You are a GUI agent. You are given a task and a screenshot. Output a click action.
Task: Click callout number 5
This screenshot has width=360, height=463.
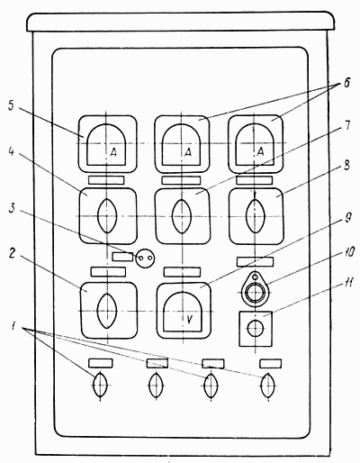pos(11,106)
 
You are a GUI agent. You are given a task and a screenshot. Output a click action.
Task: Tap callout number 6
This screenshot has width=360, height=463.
pos(346,83)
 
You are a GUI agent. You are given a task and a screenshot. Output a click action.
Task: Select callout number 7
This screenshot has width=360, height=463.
pos(347,125)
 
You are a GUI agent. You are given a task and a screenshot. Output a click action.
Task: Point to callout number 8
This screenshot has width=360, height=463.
pos(346,166)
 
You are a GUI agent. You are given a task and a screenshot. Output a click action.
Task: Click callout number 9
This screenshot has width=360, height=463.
pos(347,217)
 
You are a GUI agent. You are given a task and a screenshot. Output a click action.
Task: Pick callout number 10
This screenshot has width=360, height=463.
pos(349,251)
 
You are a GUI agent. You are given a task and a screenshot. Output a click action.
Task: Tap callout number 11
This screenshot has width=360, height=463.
pos(349,284)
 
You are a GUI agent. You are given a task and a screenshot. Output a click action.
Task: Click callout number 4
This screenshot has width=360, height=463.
pos(11,152)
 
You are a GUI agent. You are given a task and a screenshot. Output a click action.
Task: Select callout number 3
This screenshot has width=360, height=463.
pos(12,208)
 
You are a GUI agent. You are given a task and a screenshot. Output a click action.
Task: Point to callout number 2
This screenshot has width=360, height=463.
pos(12,254)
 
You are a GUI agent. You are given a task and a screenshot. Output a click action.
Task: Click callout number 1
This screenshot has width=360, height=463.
pos(13,327)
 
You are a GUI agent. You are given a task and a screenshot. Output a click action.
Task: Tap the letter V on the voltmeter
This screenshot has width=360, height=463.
pos(189,320)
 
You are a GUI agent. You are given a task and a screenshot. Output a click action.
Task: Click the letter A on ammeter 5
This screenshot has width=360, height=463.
pos(113,153)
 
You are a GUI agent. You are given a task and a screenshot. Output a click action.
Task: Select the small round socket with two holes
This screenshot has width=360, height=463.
pos(146,258)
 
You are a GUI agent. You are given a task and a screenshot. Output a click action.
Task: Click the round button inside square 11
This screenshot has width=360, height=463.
pos(256,329)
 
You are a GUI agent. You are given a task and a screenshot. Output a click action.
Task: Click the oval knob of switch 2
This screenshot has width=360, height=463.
pos(107,311)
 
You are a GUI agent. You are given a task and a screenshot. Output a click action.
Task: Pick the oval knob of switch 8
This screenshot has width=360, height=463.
pos(255,216)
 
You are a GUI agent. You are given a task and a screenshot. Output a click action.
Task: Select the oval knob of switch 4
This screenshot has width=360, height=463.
pos(107,216)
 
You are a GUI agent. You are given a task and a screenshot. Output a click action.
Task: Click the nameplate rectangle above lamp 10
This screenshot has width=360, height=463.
pos(255,261)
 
